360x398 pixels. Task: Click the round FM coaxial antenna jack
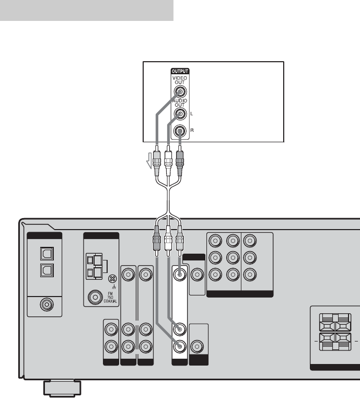point(96,298)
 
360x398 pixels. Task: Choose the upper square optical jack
point(44,253)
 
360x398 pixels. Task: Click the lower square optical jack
point(44,271)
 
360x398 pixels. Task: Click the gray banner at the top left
point(86,10)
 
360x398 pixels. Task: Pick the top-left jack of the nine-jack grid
point(215,241)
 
